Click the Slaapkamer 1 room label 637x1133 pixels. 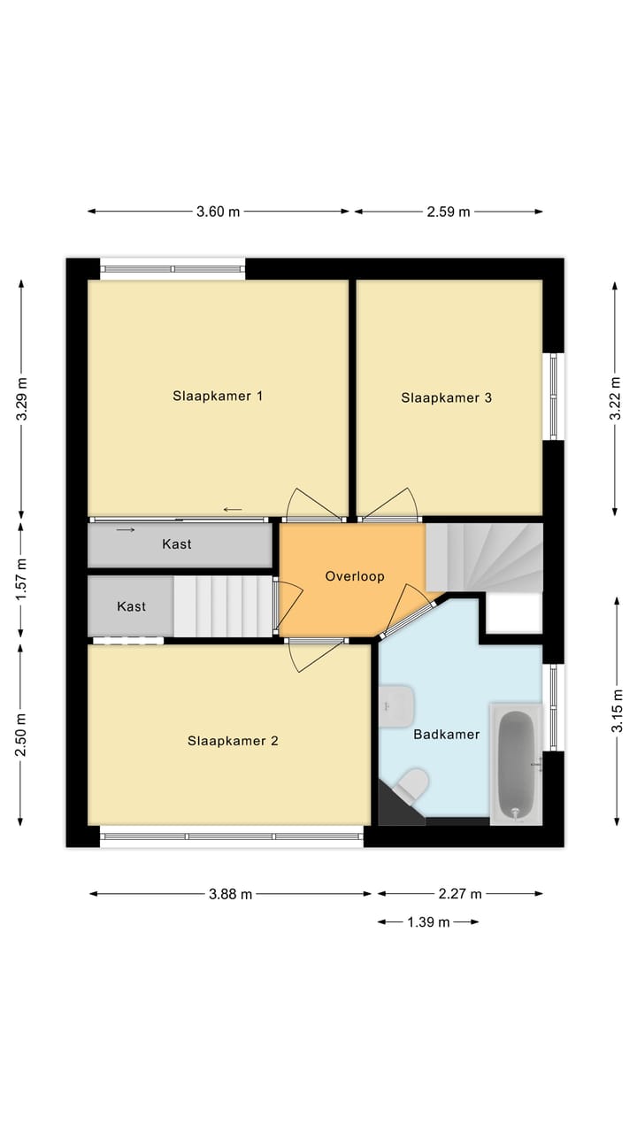pyautogui.click(x=218, y=396)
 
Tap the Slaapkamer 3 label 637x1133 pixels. pyautogui.click(x=446, y=397)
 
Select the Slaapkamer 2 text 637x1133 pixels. pyautogui.click(x=233, y=741)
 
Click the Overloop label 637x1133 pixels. pyautogui.click(x=354, y=576)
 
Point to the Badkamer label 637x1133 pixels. pyautogui.click(x=446, y=734)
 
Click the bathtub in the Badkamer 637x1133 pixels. pyautogui.click(x=516, y=763)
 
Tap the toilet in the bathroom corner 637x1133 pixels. pyautogui.click(x=411, y=783)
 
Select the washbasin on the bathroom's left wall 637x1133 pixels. pyautogui.click(x=396, y=705)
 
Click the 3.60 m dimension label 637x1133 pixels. pyautogui.click(x=218, y=212)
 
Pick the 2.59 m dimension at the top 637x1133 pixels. pyautogui.click(x=449, y=212)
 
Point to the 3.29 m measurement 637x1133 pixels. pyautogui.click(x=21, y=399)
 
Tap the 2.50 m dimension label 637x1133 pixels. pyautogui.click(x=21, y=735)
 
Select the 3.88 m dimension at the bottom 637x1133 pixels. pyautogui.click(x=230, y=894)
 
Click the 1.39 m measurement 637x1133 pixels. pyautogui.click(x=428, y=922)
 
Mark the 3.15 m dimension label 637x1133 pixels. pyautogui.click(x=616, y=711)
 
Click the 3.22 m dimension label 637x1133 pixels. pyautogui.click(x=616, y=397)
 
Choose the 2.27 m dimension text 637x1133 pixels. pyautogui.click(x=460, y=894)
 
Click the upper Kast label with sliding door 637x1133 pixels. pyautogui.click(x=177, y=544)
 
